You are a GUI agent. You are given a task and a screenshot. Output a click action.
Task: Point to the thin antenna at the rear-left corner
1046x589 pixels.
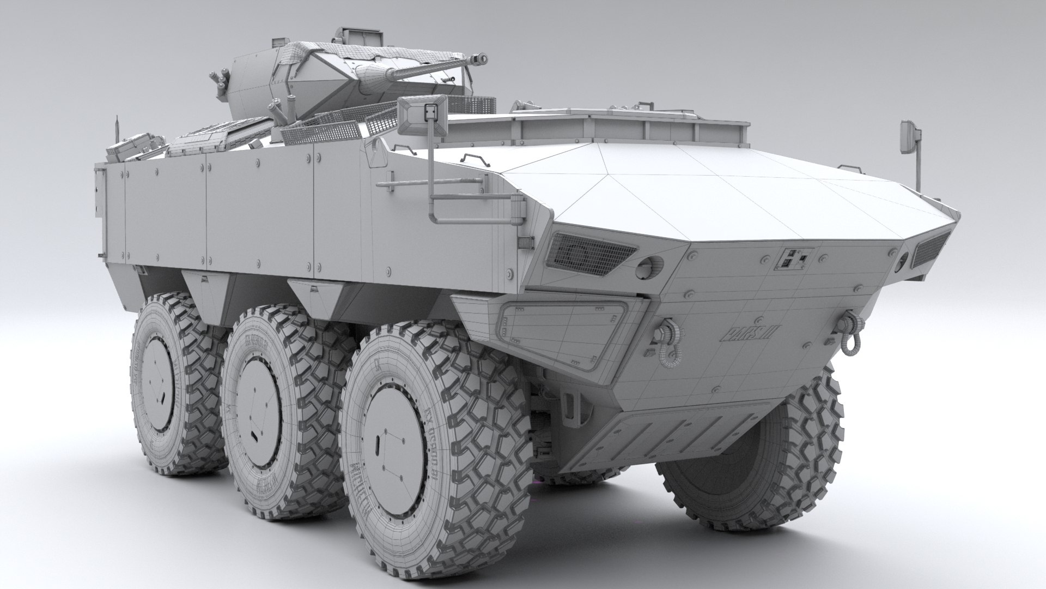[117, 131]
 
